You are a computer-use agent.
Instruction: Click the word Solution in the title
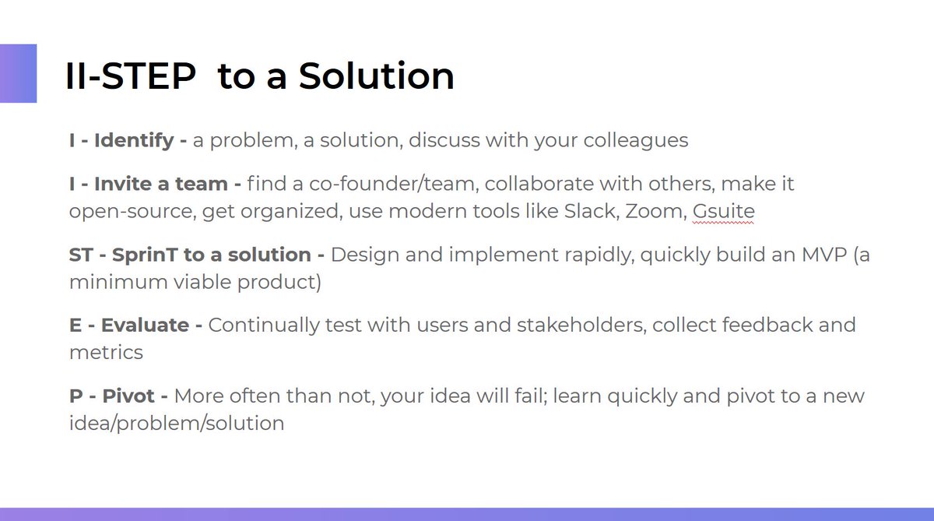coord(377,76)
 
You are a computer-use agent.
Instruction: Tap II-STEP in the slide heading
coord(129,76)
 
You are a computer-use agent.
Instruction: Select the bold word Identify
coord(134,141)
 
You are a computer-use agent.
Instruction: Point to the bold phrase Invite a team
coord(162,185)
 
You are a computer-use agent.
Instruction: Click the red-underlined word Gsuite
coord(723,212)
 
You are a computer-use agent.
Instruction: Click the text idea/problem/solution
coord(177,423)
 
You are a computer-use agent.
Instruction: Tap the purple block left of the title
coord(18,73)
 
